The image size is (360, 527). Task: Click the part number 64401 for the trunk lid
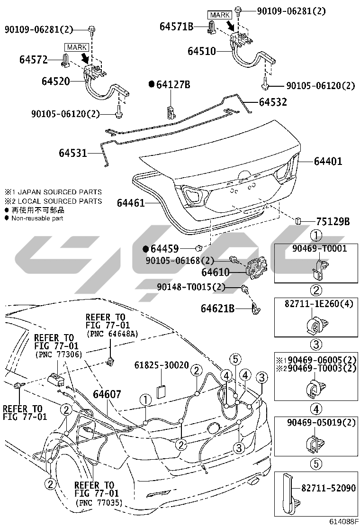click(328, 161)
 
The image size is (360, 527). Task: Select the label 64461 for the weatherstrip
click(131, 203)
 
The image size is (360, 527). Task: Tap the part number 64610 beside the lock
click(216, 272)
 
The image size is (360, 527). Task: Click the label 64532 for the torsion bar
click(273, 102)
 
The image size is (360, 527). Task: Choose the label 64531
click(73, 153)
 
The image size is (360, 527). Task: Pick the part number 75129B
click(333, 221)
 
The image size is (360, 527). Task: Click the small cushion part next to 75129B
click(298, 220)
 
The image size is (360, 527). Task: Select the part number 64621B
click(217, 308)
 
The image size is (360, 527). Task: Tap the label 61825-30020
click(162, 365)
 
